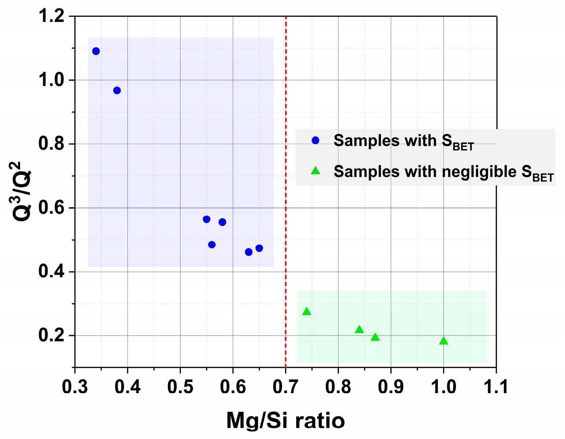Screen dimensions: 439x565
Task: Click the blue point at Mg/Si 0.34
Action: pyautogui.click(x=96, y=51)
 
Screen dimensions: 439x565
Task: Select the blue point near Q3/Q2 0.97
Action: pyautogui.click(x=117, y=90)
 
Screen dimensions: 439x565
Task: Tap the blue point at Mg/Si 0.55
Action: pyautogui.click(x=206, y=219)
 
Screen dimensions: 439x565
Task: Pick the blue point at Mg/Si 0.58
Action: pyautogui.click(x=222, y=222)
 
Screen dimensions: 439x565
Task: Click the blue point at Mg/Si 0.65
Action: pyautogui.click(x=259, y=248)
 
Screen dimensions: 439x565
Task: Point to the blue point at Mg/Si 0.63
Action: pyautogui.click(x=248, y=252)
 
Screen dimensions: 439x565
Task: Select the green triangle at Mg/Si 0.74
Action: pyautogui.click(x=307, y=312)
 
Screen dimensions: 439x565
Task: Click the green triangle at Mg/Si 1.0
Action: pyautogui.click(x=443, y=341)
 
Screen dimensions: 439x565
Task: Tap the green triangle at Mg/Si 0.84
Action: pyautogui.click(x=359, y=330)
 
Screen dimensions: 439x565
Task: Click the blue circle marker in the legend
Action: pyautogui.click(x=315, y=140)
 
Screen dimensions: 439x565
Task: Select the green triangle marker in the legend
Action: pyautogui.click(x=315, y=171)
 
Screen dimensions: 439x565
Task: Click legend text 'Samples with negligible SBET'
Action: pyautogui.click(x=443, y=172)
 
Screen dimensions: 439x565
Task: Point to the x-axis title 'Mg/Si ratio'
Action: pyautogui.click(x=285, y=420)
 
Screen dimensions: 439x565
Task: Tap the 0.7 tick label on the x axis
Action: pyautogui.click(x=285, y=387)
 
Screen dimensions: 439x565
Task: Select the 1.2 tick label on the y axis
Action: pyautogui.click(x=51, y=17)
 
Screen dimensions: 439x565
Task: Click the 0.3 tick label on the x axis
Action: pyautogui.click(x=75, y=387)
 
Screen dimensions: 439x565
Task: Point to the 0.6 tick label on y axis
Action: pyautogui.click(x=51, y=208)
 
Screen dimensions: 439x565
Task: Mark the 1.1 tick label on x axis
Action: pyautogui.click(x=496, y=387)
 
